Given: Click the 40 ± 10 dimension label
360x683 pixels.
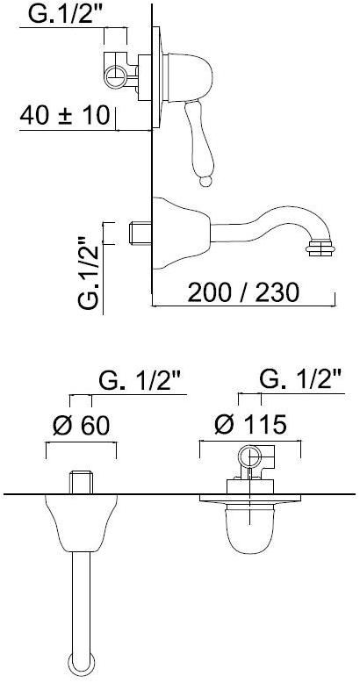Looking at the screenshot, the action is tap(64, 115).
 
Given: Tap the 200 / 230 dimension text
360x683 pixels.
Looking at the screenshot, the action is tap(243, 292).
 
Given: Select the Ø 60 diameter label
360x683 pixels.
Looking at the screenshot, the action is tap(82, 425).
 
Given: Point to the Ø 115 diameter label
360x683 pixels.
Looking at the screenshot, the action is tap(250, 424).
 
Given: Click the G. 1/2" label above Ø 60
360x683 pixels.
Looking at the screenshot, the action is tap(142, 381).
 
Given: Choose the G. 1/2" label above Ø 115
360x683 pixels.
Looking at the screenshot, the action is tap(300, 380).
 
